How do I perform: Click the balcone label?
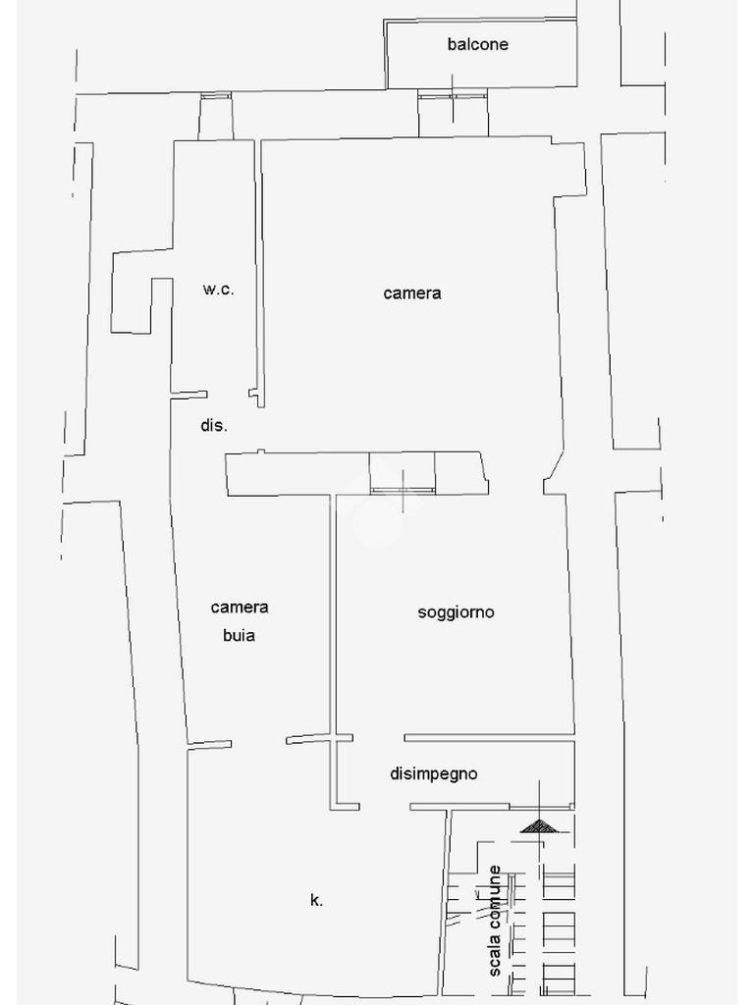tap(477, 44)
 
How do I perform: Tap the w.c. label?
tap(218, 290)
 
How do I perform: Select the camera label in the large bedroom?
tap(412, 292)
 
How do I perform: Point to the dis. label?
tap(214, 426)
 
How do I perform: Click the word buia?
tap(239, 635)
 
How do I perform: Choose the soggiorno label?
tap(456, 612)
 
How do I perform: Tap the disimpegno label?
tap(434, 773)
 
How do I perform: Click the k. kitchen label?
tap(316, 900)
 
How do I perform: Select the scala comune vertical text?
tap(496, 920)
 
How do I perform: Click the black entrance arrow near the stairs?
tap(538, 826)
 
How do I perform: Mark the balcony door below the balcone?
tap(453, 96)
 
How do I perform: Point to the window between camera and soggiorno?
tap(403, 489)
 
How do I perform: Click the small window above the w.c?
tap(216, 96)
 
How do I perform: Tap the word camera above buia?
tap(240, 608)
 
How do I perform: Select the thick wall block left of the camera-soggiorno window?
tap(295, 473)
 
